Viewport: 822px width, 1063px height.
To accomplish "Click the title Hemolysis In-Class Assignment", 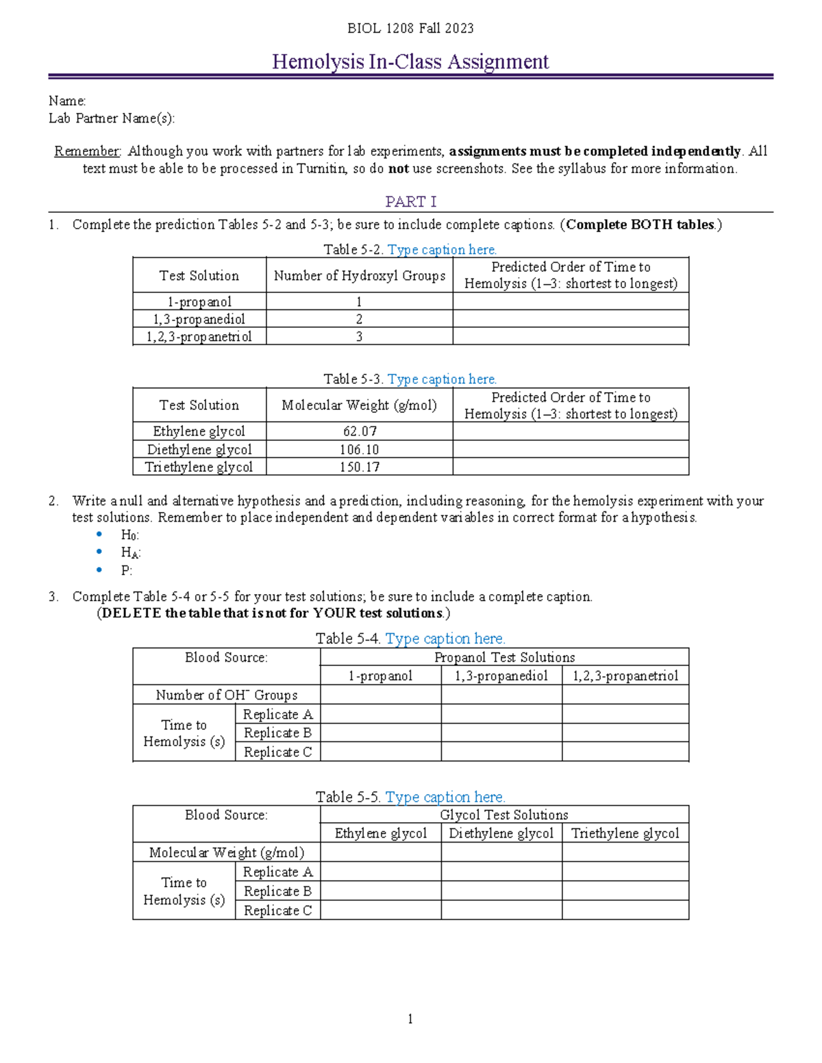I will coord(410,62).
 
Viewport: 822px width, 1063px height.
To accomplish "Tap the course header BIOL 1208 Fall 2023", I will coord(410,28).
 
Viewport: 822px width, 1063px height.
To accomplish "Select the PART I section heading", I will coord(410,201).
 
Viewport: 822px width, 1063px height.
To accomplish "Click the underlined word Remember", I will coord(87,151).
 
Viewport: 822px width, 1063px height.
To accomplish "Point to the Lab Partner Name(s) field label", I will coord(112,118).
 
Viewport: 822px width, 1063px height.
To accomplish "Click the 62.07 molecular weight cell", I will coord(360,431).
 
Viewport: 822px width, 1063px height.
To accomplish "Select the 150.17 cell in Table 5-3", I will coord(360,467).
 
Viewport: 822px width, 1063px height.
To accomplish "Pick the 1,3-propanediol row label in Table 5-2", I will coord(199,319).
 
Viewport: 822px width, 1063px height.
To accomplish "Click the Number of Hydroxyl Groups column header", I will coord(360,275).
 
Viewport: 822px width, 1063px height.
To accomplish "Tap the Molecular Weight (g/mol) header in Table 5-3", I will coord(360,405).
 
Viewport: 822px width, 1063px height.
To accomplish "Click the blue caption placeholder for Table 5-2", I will coord(442,250).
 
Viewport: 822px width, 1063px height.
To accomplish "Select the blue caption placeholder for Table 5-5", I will coord(445,797).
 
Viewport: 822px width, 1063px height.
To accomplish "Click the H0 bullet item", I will coord(129,535).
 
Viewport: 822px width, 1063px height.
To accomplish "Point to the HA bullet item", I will coord(130,553).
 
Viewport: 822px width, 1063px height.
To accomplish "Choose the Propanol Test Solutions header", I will coord(504,657).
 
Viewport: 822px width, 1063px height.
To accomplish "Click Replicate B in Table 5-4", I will coord(277,733).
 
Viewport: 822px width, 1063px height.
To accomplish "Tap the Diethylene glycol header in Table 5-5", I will coord(501,833).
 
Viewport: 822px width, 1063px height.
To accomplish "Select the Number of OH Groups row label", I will coord(226,695).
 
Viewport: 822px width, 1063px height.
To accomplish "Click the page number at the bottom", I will coord(410,1019).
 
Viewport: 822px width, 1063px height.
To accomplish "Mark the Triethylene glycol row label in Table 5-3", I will coord(199,467).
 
